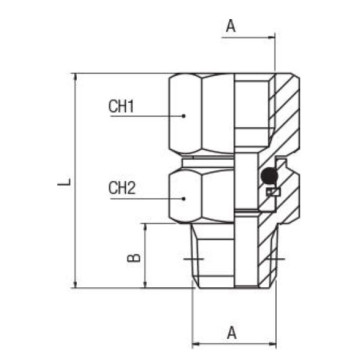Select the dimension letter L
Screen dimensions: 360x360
click(63, 183)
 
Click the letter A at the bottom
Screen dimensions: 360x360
click(232, 331)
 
